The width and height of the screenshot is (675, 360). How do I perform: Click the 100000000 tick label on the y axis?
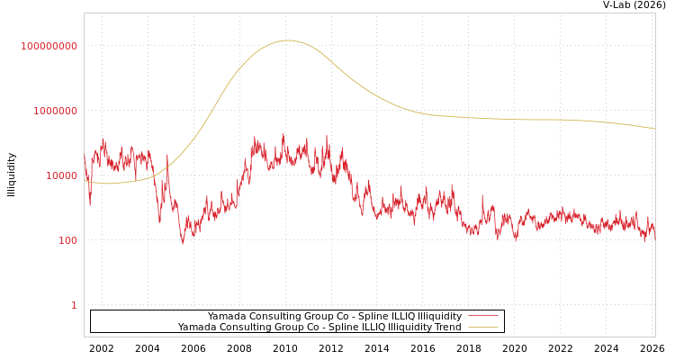[49, 46]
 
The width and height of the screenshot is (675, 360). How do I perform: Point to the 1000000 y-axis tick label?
[55, 111]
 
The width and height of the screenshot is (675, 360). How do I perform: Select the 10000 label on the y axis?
[61, 175]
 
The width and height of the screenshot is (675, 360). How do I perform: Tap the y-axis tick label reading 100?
[67, 240]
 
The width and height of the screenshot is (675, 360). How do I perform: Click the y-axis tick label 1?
[74, 305]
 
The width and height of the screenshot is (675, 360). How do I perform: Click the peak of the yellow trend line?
[288, 40]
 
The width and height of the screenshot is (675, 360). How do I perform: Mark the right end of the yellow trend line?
[654, 129]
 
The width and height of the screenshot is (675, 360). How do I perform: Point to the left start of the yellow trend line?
[85, 181]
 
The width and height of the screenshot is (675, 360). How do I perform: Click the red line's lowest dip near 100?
[183, 242]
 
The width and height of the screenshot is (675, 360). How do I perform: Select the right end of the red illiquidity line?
[654, 229]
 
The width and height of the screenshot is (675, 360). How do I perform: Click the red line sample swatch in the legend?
[483, 316]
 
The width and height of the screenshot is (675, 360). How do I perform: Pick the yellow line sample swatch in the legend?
[483, 327]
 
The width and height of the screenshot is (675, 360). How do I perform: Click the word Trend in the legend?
[447, 327]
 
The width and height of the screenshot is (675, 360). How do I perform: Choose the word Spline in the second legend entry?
[344, 327]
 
